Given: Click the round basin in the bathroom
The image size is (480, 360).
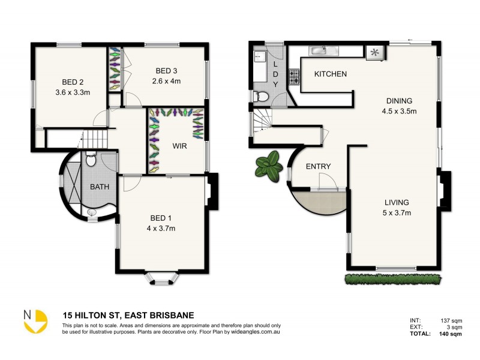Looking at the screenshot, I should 92,212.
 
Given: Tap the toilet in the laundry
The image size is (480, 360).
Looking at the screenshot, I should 262,96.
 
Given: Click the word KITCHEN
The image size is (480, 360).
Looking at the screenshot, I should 331,74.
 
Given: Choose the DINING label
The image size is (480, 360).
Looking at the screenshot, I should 399,101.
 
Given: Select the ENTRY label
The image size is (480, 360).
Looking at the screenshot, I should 318,166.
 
